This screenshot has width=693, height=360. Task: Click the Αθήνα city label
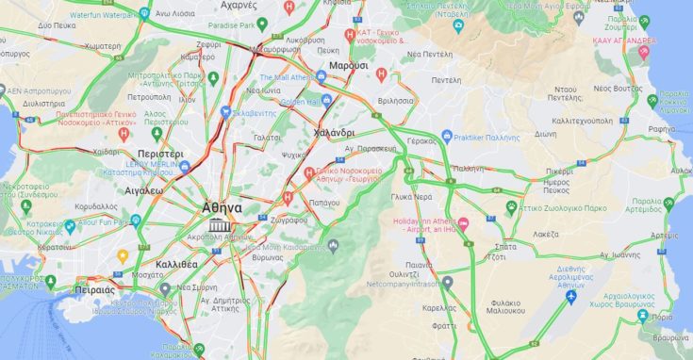pos(223,207)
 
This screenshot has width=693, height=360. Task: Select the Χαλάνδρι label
pos(334,131)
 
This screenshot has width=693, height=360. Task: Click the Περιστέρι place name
pos(159,153)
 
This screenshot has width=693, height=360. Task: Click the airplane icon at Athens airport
pos(569,297)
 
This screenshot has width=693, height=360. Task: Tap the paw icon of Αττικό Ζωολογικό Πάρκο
pos(511,205)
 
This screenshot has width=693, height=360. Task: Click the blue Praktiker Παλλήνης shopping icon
pos(447,137)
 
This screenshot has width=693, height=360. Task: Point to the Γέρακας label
pos(421,139)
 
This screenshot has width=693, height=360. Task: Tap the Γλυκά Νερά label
pos(411,197)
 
